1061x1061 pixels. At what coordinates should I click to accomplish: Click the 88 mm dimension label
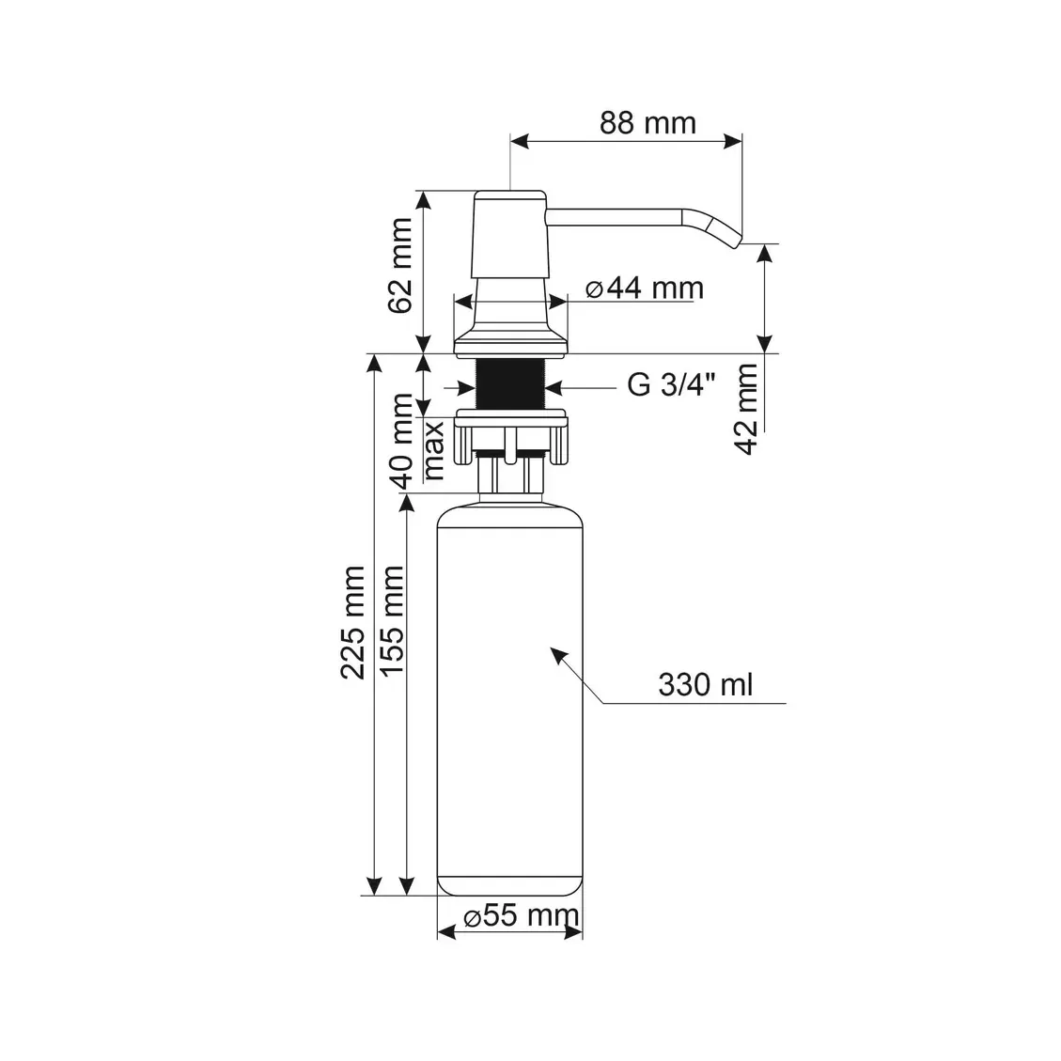click(648, 122)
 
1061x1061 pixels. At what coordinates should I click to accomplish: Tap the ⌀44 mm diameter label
click(645, 288)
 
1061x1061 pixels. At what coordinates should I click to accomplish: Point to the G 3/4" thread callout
click(671, 384)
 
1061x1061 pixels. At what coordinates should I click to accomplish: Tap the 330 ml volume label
click(705, 684)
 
